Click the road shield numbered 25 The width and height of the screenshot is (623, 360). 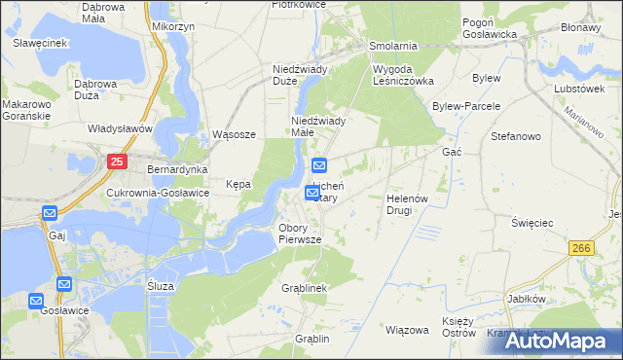[x=117, y=162]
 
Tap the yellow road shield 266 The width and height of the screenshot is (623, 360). [x=583, y=248]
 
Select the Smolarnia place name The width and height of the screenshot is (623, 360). [x=393, y=46]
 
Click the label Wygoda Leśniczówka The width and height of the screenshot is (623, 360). [x=403, y=76]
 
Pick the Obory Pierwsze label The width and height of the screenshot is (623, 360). [x=308, y=233]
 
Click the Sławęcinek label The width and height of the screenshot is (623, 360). [x=39, y=43]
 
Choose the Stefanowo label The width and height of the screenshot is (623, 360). [x=516, y=136]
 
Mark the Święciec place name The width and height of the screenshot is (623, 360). [x=532, y=223]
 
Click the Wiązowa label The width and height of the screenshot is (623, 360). [x=407, y=330]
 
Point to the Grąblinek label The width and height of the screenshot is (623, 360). [x=303, y=289]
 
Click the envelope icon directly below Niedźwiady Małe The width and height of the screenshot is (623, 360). [x=320, y=164]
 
